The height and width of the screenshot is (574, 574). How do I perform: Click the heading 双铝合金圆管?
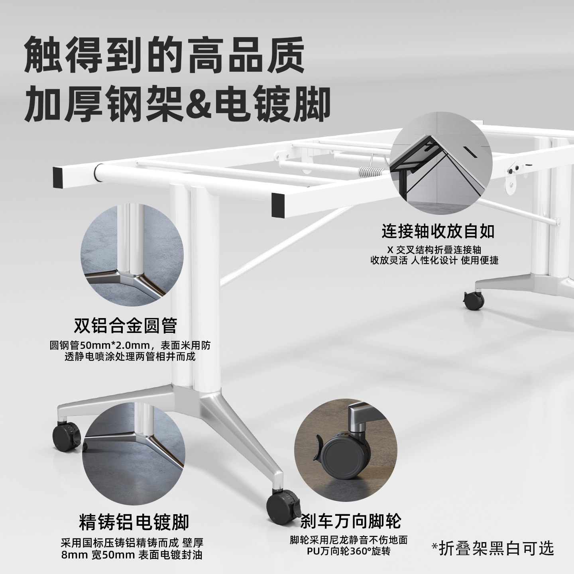pos(125,326)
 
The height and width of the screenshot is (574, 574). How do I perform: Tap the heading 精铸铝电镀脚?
pos(134,522)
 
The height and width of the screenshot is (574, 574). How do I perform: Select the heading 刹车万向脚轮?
pos(351,521)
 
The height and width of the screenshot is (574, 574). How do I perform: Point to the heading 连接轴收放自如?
pos(438,231)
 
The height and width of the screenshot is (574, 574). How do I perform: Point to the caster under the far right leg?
pos(474,299)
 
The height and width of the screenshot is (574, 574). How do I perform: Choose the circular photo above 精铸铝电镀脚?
pos(134,450)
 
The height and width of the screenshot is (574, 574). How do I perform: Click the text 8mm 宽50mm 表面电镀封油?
pos(132,554)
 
